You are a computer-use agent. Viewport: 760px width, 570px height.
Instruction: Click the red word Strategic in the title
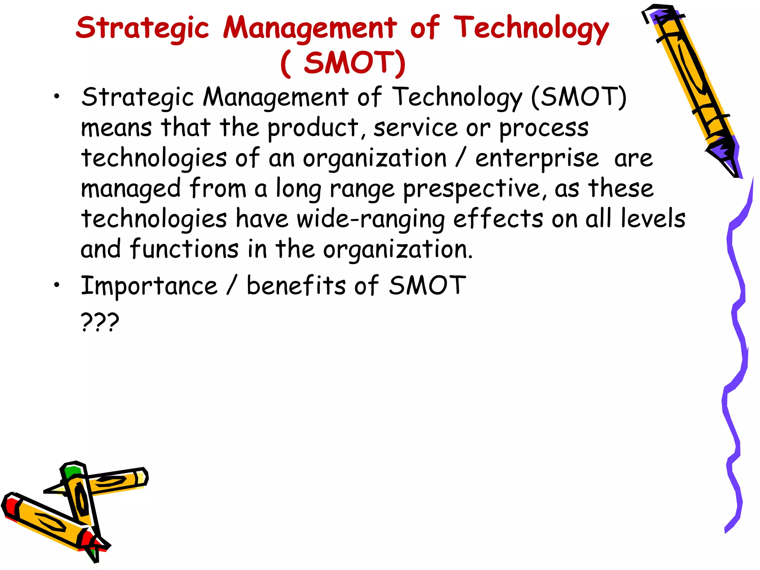click(142, 28)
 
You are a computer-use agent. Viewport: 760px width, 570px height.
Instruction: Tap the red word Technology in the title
click(531, 28)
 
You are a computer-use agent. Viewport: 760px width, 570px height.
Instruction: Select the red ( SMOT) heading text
click(343, 63)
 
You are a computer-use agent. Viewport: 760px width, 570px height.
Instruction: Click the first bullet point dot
click(56, 97)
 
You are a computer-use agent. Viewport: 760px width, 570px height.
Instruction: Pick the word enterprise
click(537, 159)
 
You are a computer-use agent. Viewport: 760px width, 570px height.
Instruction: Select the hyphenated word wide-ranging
click(370, 219)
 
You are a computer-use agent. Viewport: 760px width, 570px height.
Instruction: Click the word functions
click(184, 249)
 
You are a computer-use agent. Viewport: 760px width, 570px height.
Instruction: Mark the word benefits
click(296, 286)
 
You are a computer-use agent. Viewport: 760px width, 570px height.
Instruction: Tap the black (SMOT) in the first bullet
click(579, 97)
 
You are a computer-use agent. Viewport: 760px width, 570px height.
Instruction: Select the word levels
click(653, 219)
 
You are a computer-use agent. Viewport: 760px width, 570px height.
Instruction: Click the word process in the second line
click(544, 128)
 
